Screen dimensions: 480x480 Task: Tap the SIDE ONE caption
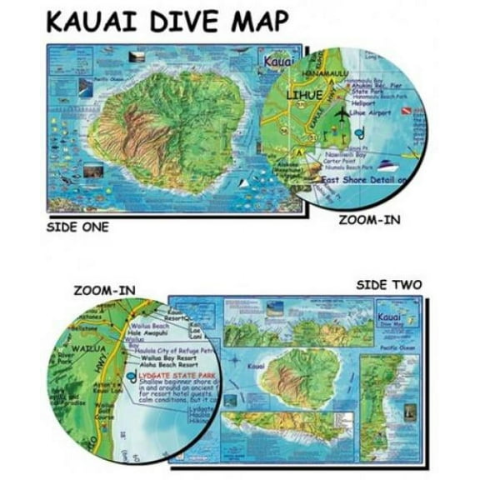click(x=77, y=225)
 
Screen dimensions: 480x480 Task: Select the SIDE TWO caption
click(x=388, y=285)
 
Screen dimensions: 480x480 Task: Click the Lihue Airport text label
click(x=372, y=111)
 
